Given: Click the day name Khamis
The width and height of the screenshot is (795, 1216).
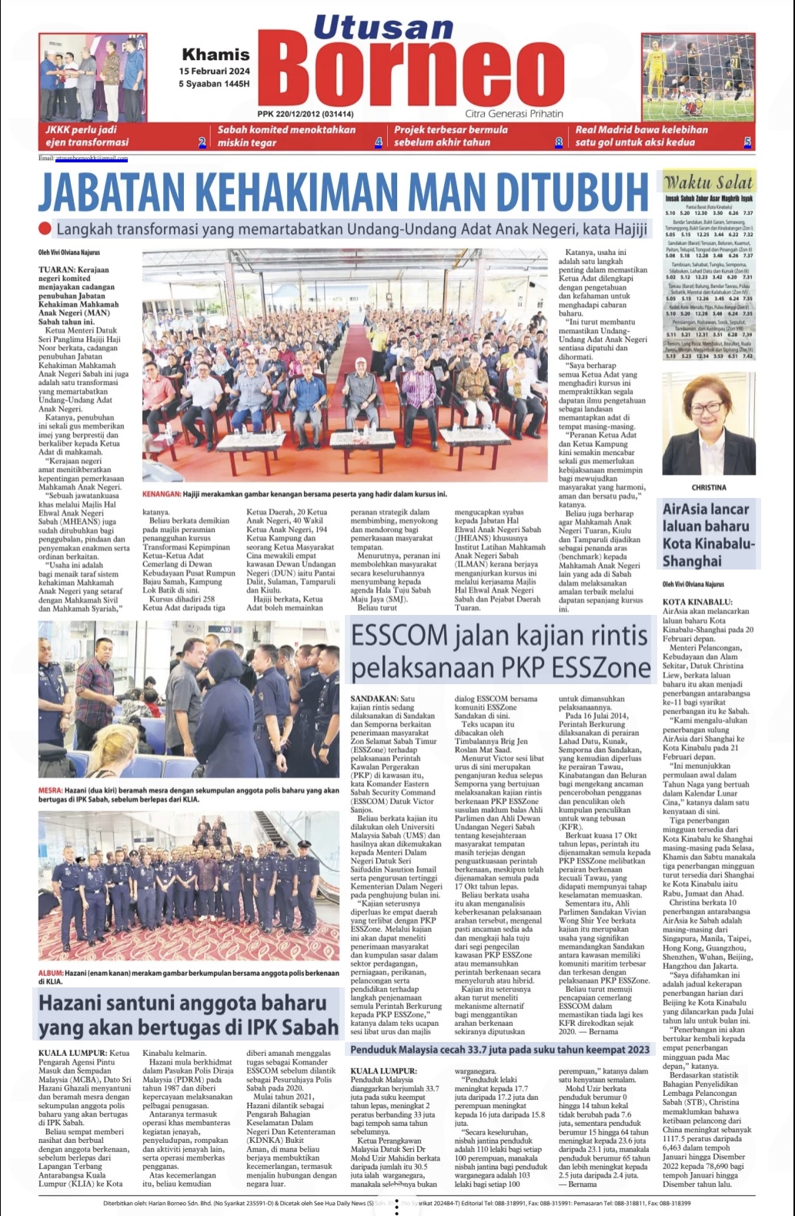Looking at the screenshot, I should (215, 55).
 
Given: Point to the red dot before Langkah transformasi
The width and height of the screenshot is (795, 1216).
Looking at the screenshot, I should (45, 228).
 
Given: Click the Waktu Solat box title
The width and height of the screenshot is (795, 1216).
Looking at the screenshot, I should (708, 183).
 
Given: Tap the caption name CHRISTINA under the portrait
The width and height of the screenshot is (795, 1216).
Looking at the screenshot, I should (708, 487).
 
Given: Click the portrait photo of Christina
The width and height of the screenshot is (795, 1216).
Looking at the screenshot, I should (708, 426).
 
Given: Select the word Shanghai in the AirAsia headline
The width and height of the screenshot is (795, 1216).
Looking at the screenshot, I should (693, 561).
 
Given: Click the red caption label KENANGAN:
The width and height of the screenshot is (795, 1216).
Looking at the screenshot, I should (161, 494).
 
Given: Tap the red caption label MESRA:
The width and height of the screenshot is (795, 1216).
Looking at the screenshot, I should (51, 790).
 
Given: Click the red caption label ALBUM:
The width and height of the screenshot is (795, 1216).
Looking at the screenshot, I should (52, 973).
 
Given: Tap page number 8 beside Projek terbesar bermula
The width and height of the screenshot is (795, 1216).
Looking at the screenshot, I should (559, 142).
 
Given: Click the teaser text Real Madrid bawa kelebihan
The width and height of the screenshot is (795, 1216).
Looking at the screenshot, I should (641, 129).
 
